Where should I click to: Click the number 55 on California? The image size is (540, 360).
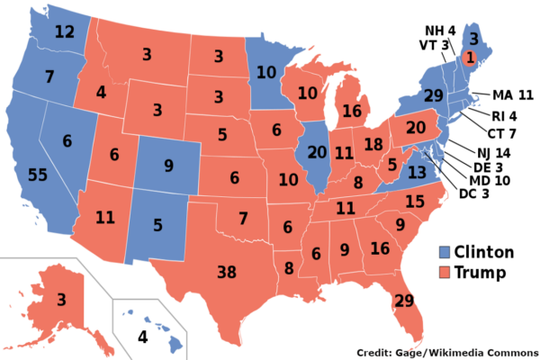[38, 175]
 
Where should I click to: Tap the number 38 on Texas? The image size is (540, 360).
[227, 272]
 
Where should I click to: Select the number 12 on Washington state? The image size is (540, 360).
[64, 32]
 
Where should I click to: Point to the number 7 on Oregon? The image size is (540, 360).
[49, 77]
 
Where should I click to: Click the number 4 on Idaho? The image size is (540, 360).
[101, 92]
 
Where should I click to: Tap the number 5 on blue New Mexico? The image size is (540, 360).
[157, 225]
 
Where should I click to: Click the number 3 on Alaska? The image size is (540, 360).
[61, 299]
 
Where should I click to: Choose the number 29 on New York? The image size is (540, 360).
[433, 95]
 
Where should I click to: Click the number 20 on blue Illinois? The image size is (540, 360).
[317, 152]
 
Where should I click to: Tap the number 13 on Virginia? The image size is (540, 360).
[416, 172]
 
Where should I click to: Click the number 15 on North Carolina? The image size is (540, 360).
[415, 201]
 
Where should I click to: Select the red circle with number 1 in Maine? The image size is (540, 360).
[468, 57]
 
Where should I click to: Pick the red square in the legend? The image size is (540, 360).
[445, 271]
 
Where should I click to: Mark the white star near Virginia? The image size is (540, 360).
[426, 152]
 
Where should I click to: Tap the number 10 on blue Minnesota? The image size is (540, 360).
[265, 73]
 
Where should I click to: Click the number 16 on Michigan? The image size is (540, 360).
[351, 112]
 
